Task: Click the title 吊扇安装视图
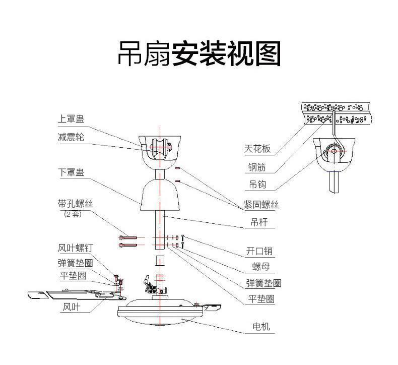pos(199,54)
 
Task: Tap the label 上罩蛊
pos(71,119)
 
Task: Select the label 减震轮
pos(71,137)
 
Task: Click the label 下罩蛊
pos(71,172)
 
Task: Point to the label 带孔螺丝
pos(76,204)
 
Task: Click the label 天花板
pos(257,149)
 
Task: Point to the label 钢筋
pos(257,167)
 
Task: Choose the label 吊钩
pos(257,185)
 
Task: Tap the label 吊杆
pos(259,222)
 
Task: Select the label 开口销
pos(259,251)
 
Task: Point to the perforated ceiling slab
pos(338,113)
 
